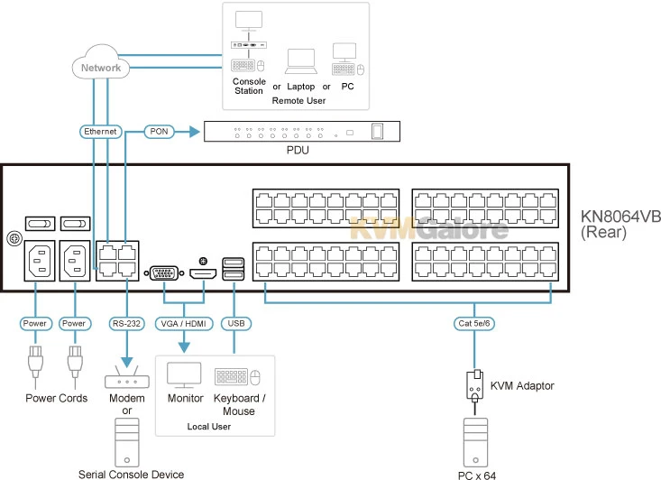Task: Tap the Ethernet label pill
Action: [100, 132]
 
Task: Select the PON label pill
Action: [160, 132]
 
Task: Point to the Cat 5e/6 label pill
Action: [473, 322]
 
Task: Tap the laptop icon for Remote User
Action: [299, 62]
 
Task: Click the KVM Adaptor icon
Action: [473, 385]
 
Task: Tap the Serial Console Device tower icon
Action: [127, 444]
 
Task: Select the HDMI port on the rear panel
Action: [202, 272]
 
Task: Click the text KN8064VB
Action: [620, 217]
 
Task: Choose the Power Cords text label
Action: [56, 399]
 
